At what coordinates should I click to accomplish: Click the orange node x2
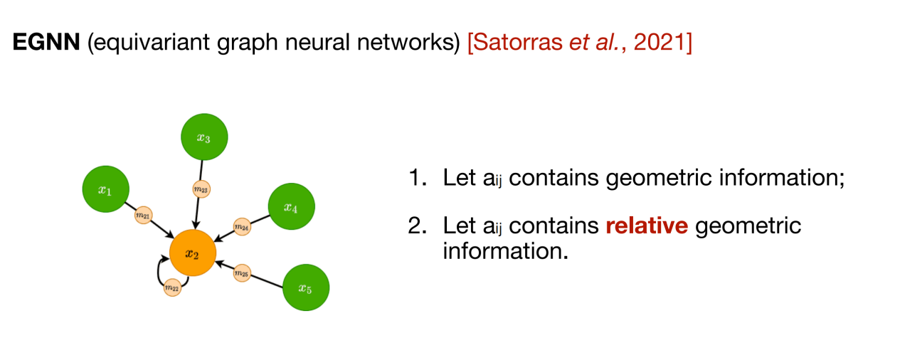[193, 253]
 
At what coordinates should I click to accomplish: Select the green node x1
[106, 189]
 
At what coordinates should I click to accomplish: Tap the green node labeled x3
[204, 137]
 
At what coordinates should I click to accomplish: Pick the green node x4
[291, 207]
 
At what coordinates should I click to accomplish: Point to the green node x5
[306, 287]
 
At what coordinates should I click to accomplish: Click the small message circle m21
[143, 216]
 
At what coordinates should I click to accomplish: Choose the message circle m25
[243, 273]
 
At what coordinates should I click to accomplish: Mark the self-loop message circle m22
[171, 287]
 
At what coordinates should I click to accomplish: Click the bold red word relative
[647, 226]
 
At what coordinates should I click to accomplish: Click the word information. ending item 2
[505, 251]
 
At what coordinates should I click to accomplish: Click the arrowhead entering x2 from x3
[196, 225]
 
